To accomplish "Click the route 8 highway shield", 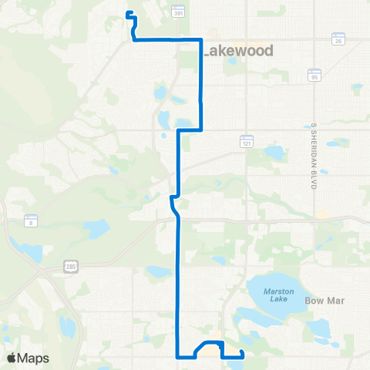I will coord(31,220).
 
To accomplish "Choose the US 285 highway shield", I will coord(70,266).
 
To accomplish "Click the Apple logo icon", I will coord(12,358).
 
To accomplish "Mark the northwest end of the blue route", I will coord(127,12).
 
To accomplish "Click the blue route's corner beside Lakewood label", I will coord(201,39).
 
